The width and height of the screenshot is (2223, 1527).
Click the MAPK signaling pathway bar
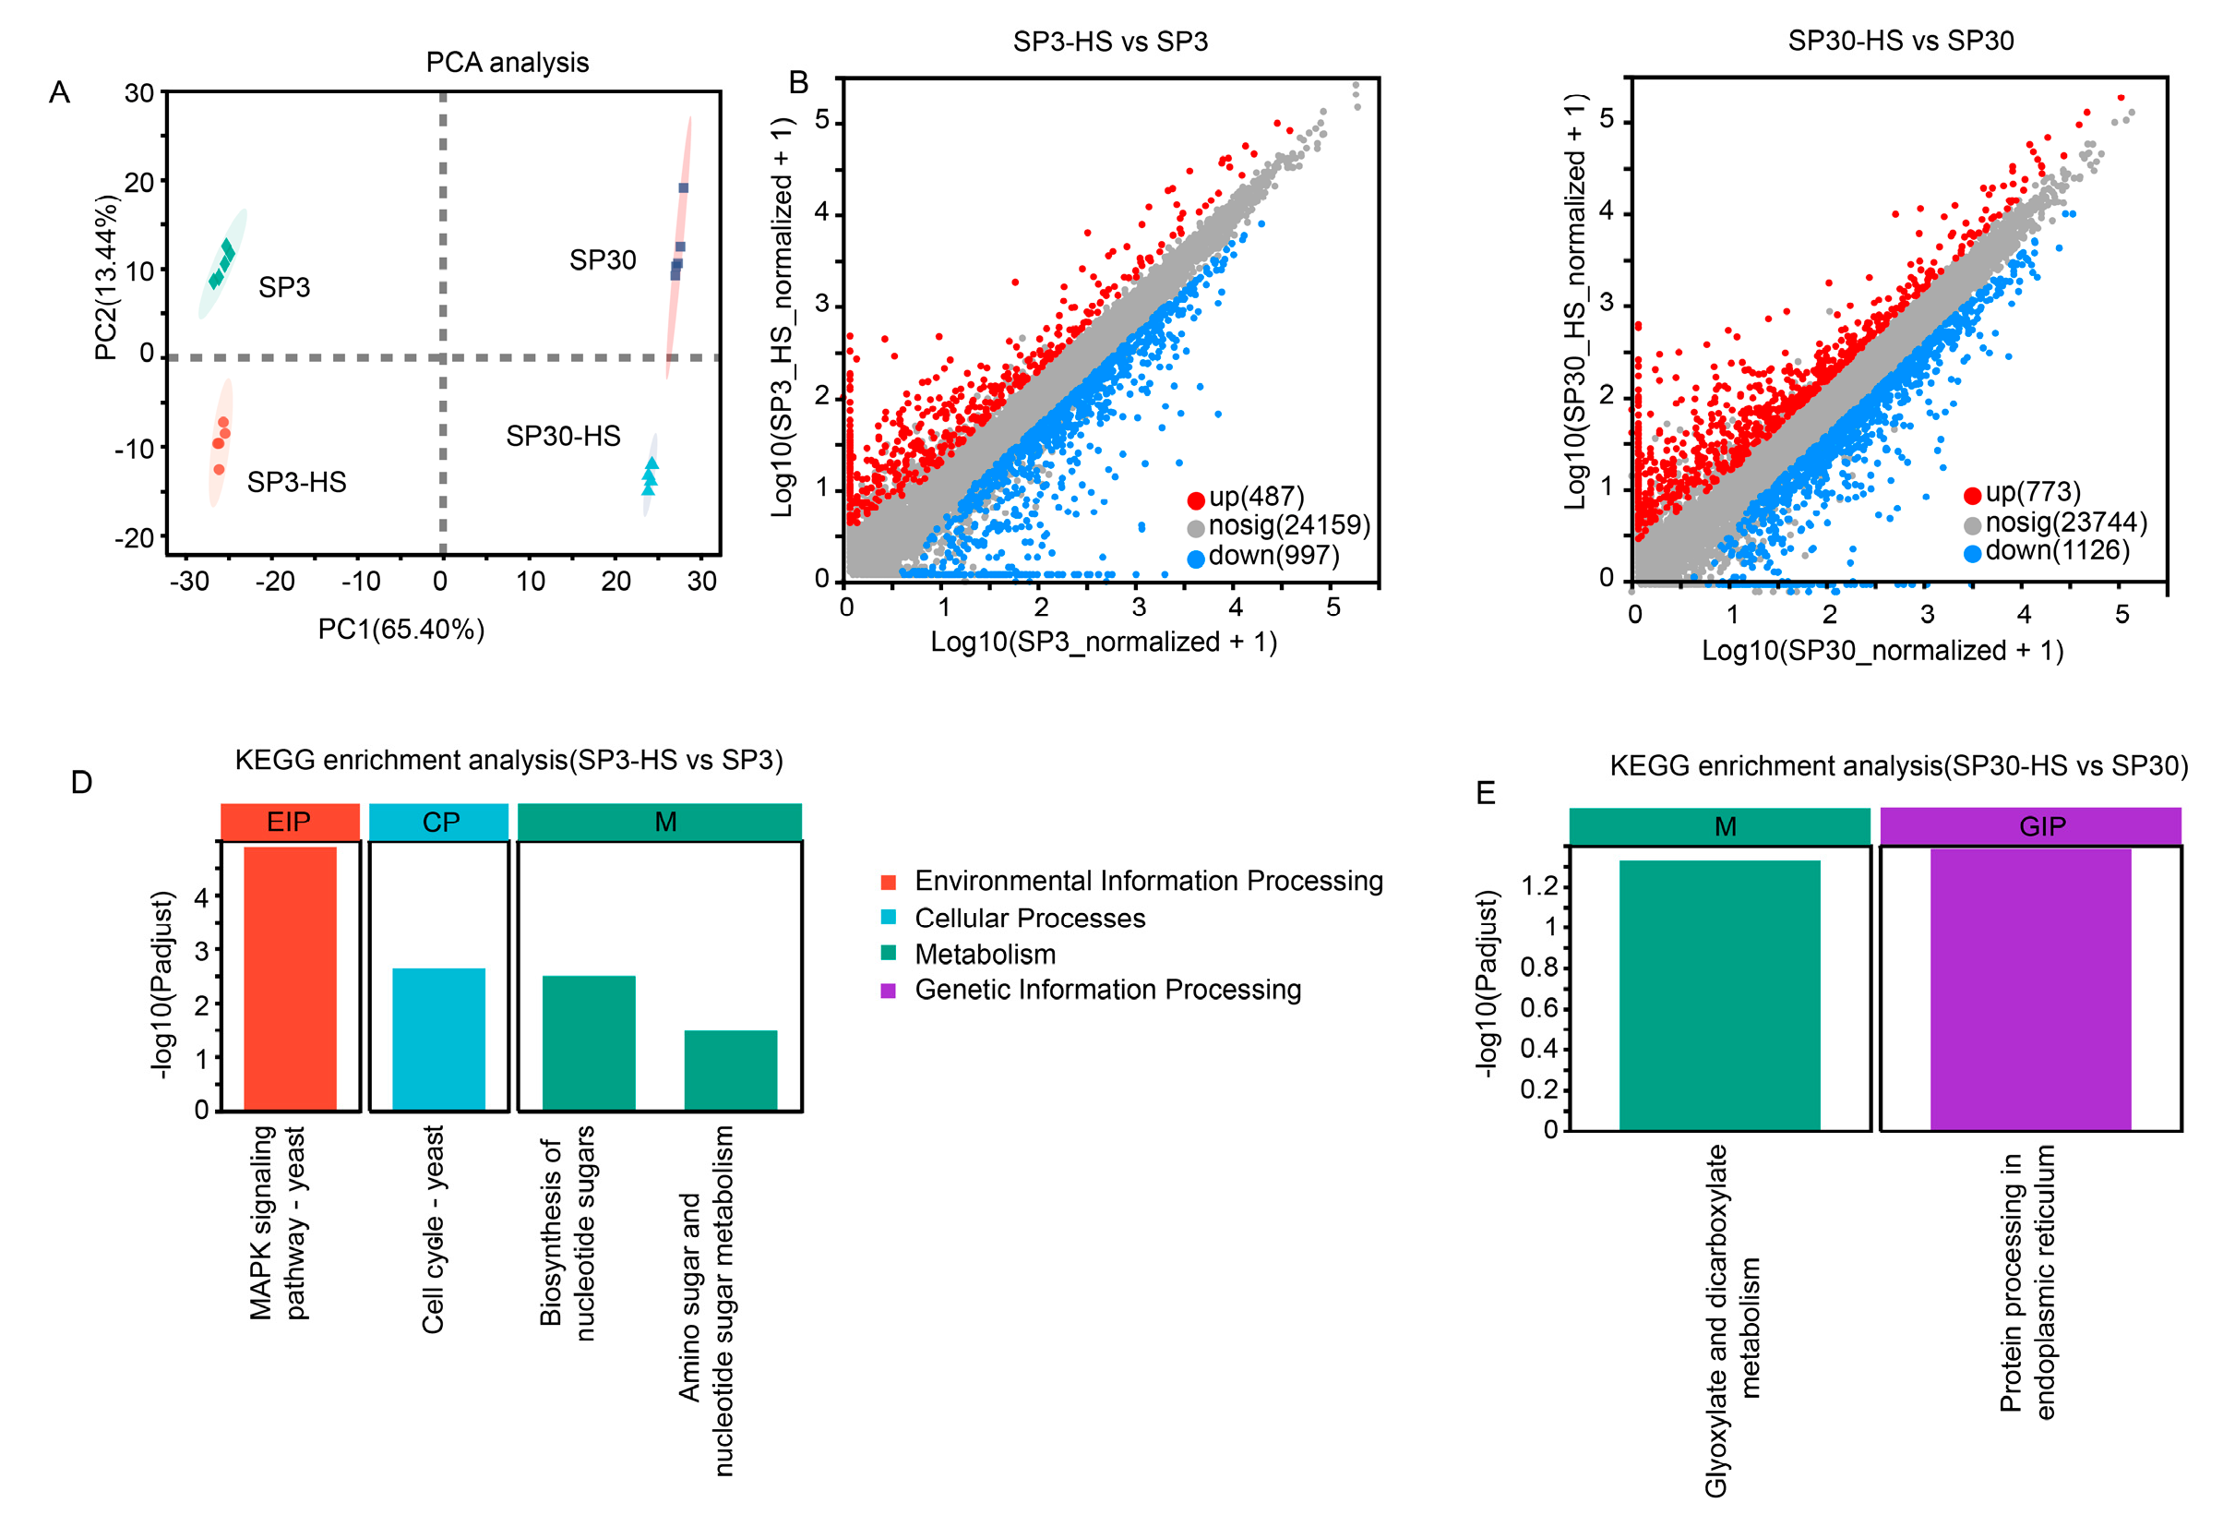[290, 978]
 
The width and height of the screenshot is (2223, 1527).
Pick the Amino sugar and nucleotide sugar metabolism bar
[730, 1070]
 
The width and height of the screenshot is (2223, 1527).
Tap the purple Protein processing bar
[2030, 990]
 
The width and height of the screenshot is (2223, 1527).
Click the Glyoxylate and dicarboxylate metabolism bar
[1719, 995]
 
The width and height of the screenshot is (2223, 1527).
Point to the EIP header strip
[290, 822]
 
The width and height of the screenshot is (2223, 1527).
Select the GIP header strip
[2030, 825]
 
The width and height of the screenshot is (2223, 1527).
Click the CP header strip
[438, 822]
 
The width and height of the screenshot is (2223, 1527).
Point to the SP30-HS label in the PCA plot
[563, 437]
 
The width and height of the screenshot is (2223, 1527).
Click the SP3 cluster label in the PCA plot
[284, 287]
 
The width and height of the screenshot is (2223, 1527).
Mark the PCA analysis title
[507, 62]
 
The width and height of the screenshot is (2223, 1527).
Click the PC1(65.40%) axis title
[400, 629]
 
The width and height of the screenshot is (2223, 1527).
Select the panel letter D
[81, 783]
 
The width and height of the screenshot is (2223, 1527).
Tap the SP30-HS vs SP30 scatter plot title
[1900, 42]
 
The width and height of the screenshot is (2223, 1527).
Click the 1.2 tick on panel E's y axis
[1539, 886]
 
